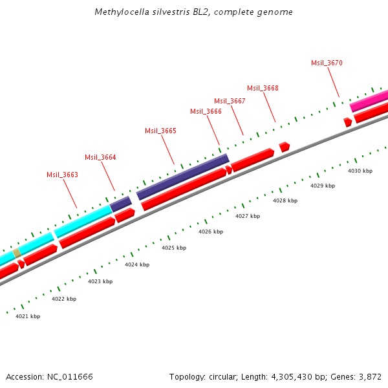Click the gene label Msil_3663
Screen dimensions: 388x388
(x=62, y=175)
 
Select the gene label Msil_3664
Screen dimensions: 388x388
(x=100, y=157)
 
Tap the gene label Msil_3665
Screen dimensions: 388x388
(x=160, y=131)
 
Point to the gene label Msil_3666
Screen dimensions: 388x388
(x=206, y=111)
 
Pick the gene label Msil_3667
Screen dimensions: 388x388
(x=230, y=101)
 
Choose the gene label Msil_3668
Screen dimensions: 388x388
(x=263, y=88)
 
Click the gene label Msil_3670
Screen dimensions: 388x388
(x=327, y=63)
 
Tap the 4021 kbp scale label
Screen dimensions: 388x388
(x=28, y=316)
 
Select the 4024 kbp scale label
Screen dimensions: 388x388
(x=137, y=264)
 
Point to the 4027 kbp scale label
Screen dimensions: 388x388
(x=248, y=216)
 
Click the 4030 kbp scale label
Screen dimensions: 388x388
(x=360, y=171)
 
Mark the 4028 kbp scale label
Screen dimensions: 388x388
(x=285, y=200)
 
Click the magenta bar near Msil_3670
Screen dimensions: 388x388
(x=369, y=101)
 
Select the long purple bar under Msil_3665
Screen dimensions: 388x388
(x=182, y=177)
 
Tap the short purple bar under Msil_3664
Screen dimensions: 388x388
(x=121, y=204)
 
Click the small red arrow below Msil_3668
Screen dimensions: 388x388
(x=284, y=147)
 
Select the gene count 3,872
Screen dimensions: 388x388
(x=369, y=376)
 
